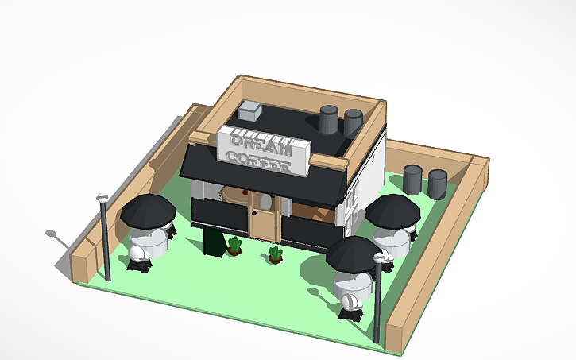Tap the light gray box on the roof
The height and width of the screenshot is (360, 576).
click(x=253, y=110)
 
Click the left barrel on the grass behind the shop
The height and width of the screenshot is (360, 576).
click(x=412, y=178)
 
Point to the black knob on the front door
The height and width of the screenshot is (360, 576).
click(x=255, y=212)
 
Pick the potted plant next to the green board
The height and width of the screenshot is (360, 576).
click(x=234, y=246)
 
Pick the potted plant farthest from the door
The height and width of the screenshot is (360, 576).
click(x=276, y=255)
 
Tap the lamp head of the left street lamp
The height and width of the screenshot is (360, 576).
click(x=101, y=197)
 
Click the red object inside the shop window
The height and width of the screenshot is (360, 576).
click(x=245, y=192)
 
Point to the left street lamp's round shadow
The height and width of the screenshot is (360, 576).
click(x=52, y=234)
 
